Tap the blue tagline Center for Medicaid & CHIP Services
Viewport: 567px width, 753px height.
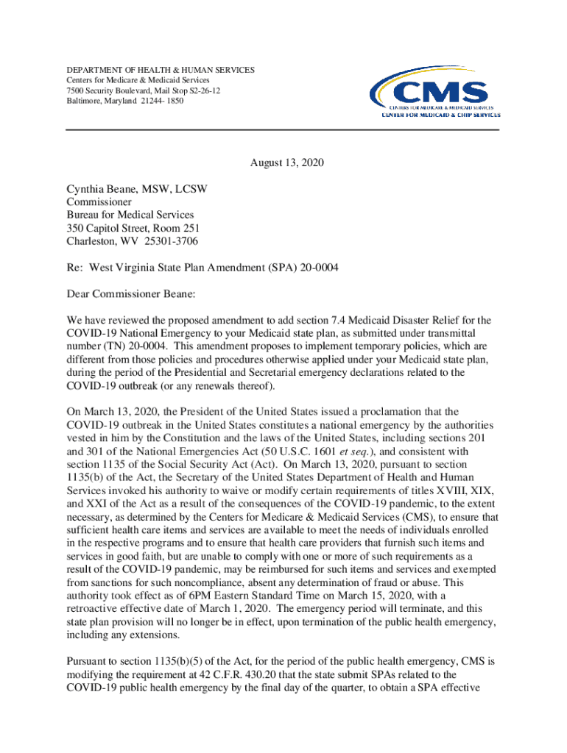click(x=440, y=115)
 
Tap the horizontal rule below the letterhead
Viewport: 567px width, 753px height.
click(x=283, y=130)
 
